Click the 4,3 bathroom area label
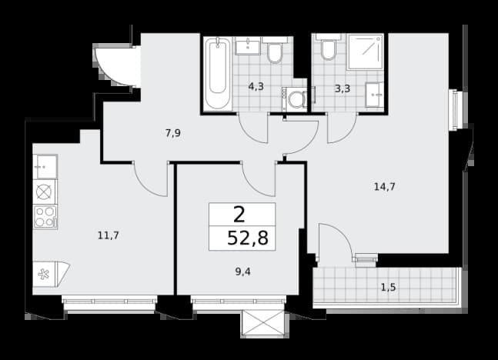[256, 86]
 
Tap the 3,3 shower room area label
[343, 88]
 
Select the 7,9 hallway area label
[173, 133]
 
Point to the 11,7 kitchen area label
[109, 235]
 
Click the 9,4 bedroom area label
[243, 272]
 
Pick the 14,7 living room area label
[385, 187]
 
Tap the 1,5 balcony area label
[389, 288]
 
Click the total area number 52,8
[248, 238]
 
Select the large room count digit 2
[239, 215]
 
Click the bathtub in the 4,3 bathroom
[218, 73]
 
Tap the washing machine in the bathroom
[295, 99]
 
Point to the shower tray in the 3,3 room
[366, 52]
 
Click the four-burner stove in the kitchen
[45, 216]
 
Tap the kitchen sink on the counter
[45, 167]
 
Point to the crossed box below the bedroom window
[262, 323]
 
